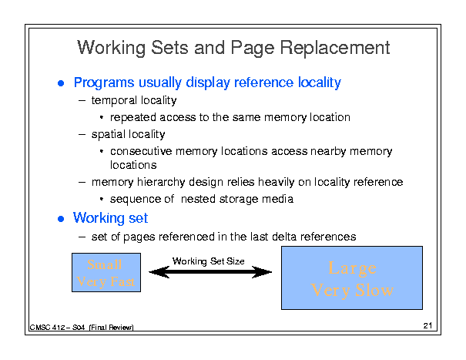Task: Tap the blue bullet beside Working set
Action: (x=62, y=219)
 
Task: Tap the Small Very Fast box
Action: (x=106, y=273)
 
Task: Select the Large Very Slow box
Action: (x=353, y=278)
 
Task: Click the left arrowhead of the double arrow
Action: (x=154, y=272)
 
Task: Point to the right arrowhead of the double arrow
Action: (x=267, y=272)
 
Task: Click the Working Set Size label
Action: (x=208, y=261)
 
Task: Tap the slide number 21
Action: (x=428, y=326)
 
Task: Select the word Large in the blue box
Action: (x=352, y=267)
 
